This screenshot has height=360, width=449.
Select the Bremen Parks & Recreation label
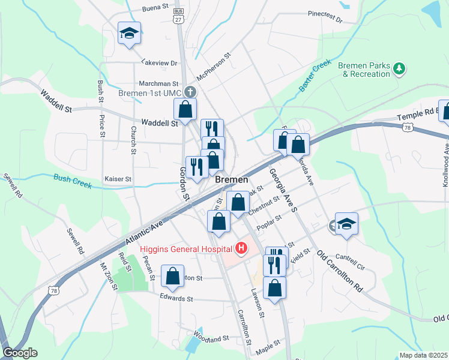tap(364, 70)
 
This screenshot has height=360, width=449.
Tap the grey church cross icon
tap(190, 92)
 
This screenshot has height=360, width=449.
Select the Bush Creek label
tap(73, 181)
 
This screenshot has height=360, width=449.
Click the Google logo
tap(20, 353)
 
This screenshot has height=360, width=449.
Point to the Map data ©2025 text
tap(424, 355)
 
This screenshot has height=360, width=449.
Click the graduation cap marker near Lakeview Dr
tap(129, 34)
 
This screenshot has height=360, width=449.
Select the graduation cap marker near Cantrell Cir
tap(346, 224)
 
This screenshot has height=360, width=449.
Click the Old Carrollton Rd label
tap(340, 271)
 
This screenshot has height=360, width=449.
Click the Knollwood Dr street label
tap(446, 164)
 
